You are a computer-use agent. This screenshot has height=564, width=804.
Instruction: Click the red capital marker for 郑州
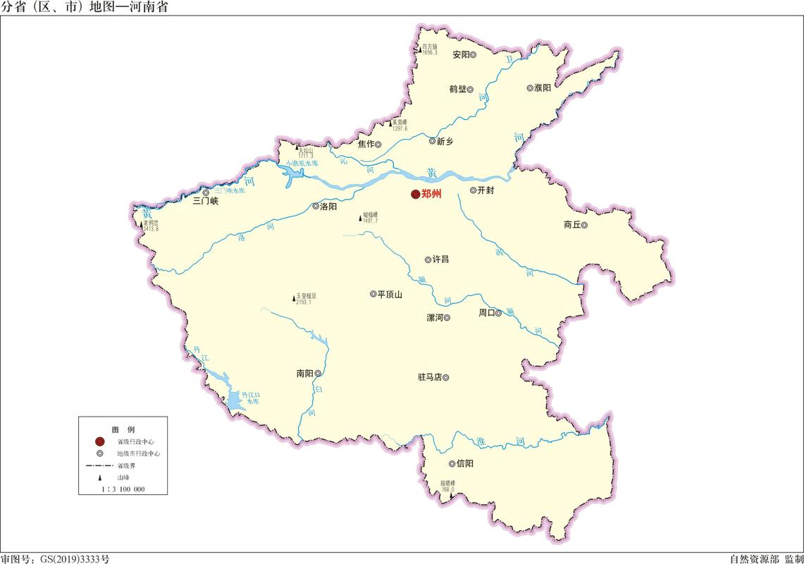click(x=415, y=195)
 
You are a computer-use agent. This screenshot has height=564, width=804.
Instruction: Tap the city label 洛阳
click(x=328, y=207)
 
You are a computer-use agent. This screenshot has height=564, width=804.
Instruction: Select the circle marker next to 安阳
click(x=474, y=54)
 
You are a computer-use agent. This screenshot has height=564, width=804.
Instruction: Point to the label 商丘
click(x=571, y=225)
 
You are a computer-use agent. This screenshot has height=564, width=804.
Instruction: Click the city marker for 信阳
click(x=452, y=464)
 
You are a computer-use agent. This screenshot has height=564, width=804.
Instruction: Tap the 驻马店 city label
click(x=429, y=377)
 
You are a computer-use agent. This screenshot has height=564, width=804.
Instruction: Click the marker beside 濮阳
click(x=529, y=88)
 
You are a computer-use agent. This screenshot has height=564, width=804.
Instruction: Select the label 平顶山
click(x=390, y=295)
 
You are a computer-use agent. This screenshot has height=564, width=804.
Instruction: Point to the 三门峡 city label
click(x=206, y=201)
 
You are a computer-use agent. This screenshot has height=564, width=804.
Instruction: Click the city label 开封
click(x=486, y=190)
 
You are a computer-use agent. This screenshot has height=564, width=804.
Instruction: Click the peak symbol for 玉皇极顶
click(x=293, y=299)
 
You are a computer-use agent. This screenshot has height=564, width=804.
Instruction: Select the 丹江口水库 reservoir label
click(x=251, y=398)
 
